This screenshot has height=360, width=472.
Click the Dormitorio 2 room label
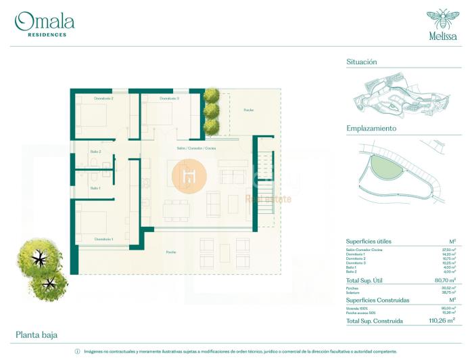(x=103, y=99)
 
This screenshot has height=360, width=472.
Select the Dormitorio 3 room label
(x=170, y=99)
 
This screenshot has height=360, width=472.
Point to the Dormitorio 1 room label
(x=103, y=239)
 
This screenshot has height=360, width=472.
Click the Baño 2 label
(x=95, y=152)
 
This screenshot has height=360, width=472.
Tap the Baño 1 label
(x=95, y=187)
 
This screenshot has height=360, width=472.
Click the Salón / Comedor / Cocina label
(x=197, y=148)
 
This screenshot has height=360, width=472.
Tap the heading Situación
(x=361, y=62)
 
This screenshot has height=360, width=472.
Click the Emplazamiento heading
(x=371, y=128)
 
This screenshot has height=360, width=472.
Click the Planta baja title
(x=36, y=335)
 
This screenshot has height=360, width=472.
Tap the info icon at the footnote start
(x=77, y=352)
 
